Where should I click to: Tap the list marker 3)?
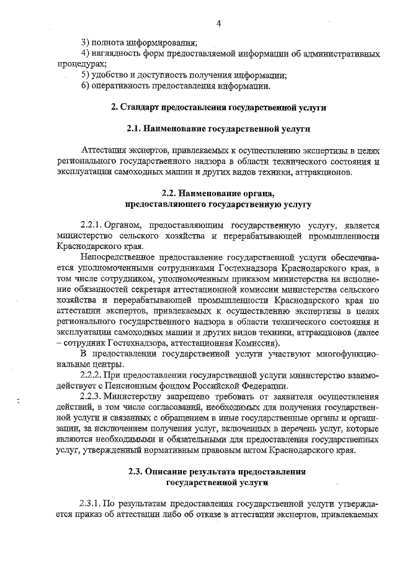point(85,43)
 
